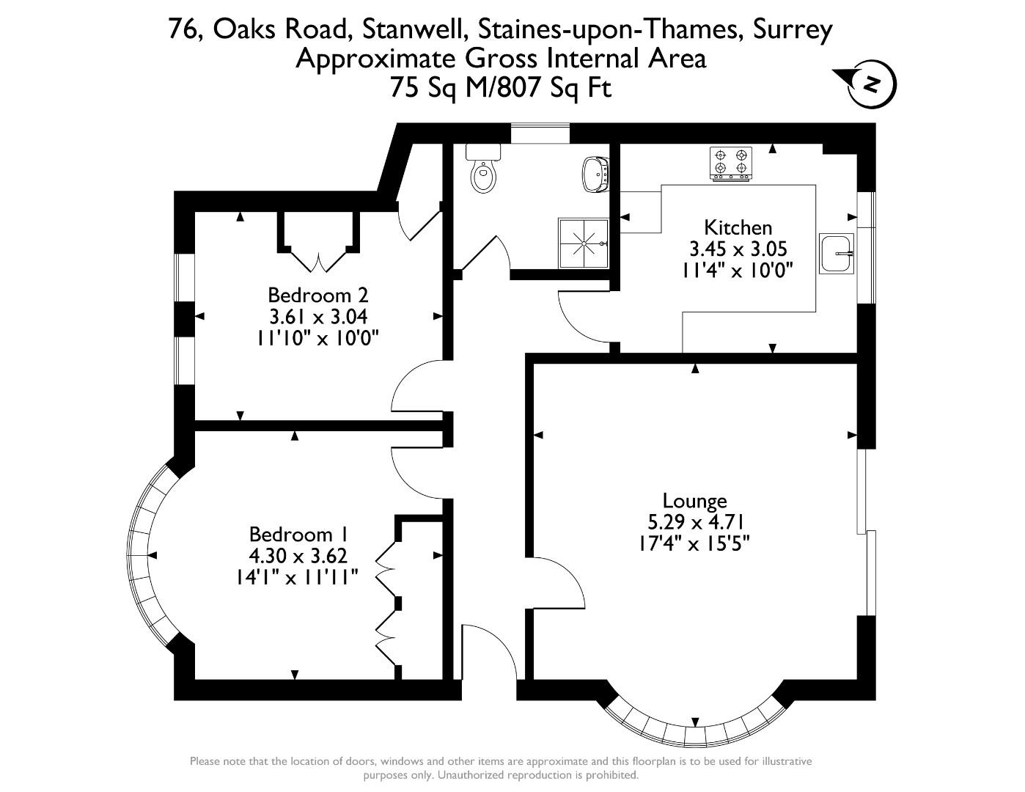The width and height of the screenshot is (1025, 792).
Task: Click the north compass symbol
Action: (x=870, y=84)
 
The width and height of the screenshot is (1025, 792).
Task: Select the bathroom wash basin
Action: (x=595, y=174)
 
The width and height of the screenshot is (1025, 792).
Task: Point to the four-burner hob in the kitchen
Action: (x=731, y=164)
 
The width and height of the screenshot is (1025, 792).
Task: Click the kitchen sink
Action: (x=838, y=254)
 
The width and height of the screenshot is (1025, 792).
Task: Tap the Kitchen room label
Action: (x=738, y=227)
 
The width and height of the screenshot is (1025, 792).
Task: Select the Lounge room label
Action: (x=694, y=501)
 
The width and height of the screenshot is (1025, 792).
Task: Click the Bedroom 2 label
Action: (x=317, y=296)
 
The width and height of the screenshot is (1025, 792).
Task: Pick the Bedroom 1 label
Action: (x=298, y=534)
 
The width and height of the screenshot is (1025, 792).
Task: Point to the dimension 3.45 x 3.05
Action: (x=738, y=249)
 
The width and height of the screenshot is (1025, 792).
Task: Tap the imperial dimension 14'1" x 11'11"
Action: (x=293, y=577)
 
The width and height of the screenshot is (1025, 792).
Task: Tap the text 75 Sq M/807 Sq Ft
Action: (x=501, y=88)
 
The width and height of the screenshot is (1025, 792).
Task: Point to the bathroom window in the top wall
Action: (x=540, y=133)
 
